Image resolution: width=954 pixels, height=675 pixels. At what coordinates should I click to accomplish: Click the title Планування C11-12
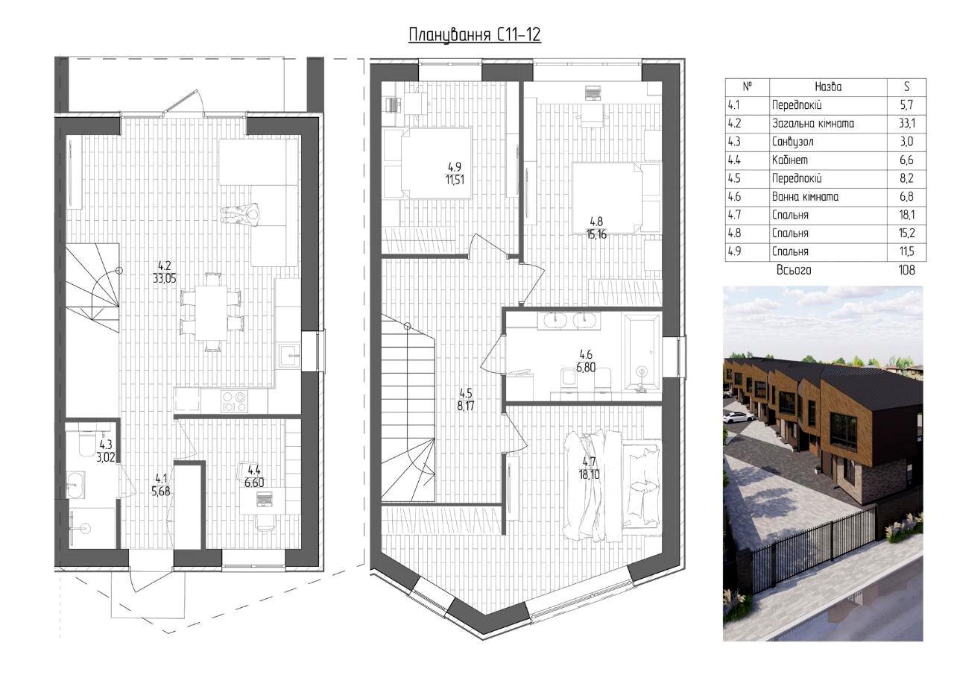tap(475, 34)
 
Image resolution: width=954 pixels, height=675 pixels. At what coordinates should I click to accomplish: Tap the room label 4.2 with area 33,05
tap(164, 273)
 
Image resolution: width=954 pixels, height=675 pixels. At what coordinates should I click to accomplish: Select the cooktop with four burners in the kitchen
tap(234, 401)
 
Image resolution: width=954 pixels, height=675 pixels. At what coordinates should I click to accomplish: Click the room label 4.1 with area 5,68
tap(160, 486)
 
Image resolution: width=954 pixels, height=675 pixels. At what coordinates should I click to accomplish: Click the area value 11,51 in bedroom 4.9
tap(455, 180)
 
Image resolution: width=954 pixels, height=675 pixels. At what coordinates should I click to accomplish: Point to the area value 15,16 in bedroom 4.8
tap(596, 234)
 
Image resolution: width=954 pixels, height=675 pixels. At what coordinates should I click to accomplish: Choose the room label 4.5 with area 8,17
tap(466, 399)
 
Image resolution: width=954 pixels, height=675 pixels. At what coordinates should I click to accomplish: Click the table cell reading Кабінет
tap(790, 160)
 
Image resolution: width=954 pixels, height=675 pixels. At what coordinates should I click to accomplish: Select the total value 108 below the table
tap(906, 270)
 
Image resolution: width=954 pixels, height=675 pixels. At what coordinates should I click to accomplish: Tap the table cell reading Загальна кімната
tap(813, 124)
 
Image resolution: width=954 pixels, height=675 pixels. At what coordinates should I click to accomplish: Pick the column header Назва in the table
tap(828, 87)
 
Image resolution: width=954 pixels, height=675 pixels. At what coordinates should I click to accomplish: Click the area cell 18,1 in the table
tap(907, 215)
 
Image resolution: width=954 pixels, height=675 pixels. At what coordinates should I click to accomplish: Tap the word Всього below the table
tap(794, 270)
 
